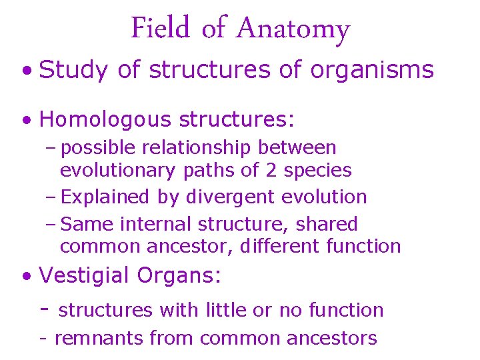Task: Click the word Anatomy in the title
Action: click(x=293, y=29)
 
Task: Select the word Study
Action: click(x=73, y=70)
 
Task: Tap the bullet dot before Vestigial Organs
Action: click(x=26, y=275)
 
